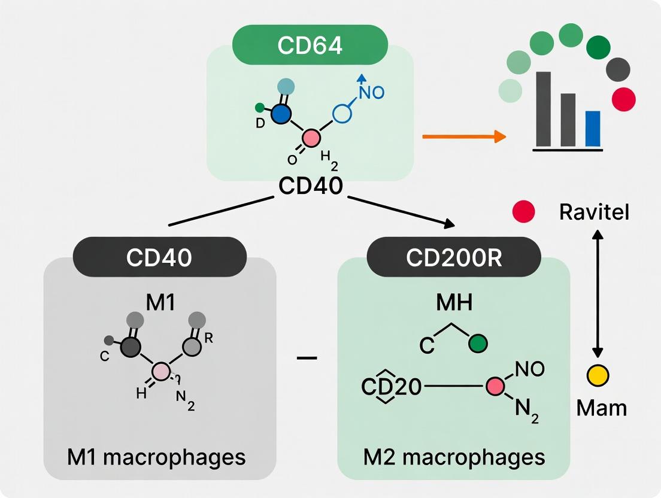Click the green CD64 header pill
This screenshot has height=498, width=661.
point(310,45)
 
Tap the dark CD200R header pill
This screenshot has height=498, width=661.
point(454,257)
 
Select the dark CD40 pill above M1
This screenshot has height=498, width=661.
point(159,257)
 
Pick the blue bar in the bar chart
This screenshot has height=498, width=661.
point(592,129)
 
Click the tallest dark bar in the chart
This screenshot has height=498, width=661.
point(544,109)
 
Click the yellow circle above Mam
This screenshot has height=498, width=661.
point(598,376)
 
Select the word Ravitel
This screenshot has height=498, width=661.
point(594,212)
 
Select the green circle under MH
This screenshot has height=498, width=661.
point(478,344)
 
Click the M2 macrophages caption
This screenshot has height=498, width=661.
point(454,457)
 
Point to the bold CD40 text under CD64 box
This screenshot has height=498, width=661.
point(311,186)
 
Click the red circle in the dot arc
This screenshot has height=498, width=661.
point(624,98)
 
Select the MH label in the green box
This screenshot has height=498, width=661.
point(453,303)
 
